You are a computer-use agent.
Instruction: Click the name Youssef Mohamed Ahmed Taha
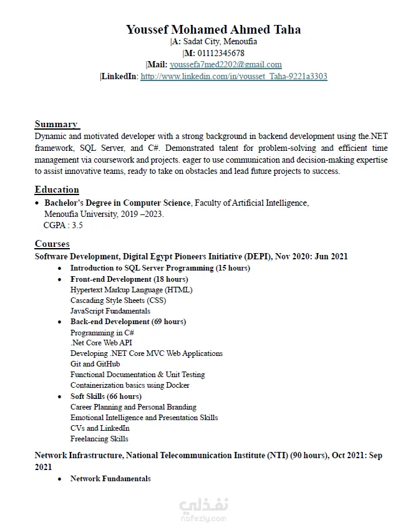click(x=213, y=29)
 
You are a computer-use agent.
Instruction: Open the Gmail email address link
click(x=225, y=64)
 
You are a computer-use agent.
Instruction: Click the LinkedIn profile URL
click(x=234, y=76)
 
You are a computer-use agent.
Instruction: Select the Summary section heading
click(x=56, y=123)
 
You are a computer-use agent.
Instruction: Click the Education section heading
click(x=57, y=190)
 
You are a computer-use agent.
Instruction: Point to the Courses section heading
click(x=52, y=244)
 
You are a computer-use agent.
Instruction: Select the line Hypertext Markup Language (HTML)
click(x=131, y=290)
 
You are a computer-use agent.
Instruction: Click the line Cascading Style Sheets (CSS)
click(x=118, y=300)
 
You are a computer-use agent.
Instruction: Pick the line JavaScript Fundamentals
click(x=110, y=311)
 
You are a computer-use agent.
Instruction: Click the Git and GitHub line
click(x=95, y=364)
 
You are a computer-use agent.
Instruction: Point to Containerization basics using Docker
click(x=130, y=385)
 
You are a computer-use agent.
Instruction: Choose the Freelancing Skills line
click(x=99, y=439)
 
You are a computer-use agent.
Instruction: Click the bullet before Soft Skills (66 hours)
click(x=59, y=396)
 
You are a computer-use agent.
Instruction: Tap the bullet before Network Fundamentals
click(x=59, y=479)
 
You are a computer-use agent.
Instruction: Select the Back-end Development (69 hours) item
click(x=128, y=322)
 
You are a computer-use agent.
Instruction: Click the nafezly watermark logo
click(x=204, y=506)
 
